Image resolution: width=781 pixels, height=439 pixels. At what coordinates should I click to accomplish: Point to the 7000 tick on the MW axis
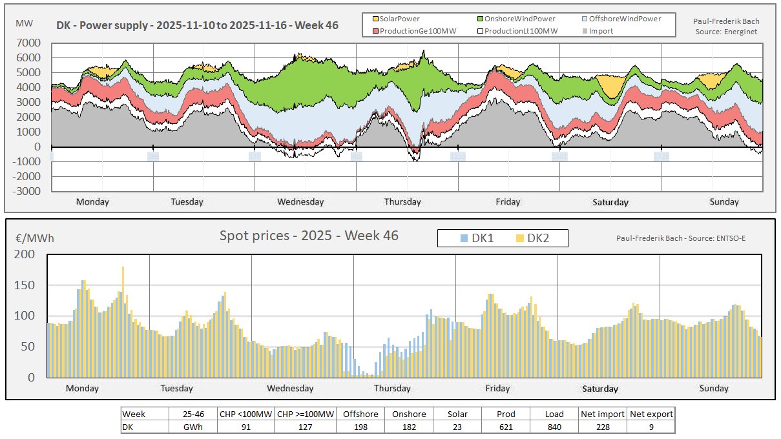[29, 43]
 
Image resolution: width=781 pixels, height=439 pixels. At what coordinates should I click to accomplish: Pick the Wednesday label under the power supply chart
[300, 201]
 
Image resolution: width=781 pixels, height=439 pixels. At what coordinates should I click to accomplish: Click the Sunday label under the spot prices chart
[714, 388]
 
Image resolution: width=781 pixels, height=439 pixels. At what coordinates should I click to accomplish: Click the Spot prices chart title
[309, 236]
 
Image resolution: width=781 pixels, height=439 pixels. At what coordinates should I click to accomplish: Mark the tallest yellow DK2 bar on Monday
[123, 271]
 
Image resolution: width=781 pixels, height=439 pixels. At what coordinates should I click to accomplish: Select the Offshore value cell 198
[360, 427]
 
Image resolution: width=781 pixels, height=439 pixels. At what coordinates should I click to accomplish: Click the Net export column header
[651, 414]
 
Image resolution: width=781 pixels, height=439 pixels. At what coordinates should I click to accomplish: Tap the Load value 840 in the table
[554, 427]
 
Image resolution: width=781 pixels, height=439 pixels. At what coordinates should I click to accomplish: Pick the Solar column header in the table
[457, 414]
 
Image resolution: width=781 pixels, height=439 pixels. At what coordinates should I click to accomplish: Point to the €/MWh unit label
[34, 238]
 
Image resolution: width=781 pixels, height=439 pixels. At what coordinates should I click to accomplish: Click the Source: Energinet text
[727, 30]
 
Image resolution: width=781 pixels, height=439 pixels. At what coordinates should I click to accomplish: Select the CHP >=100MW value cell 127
[306, 427]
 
